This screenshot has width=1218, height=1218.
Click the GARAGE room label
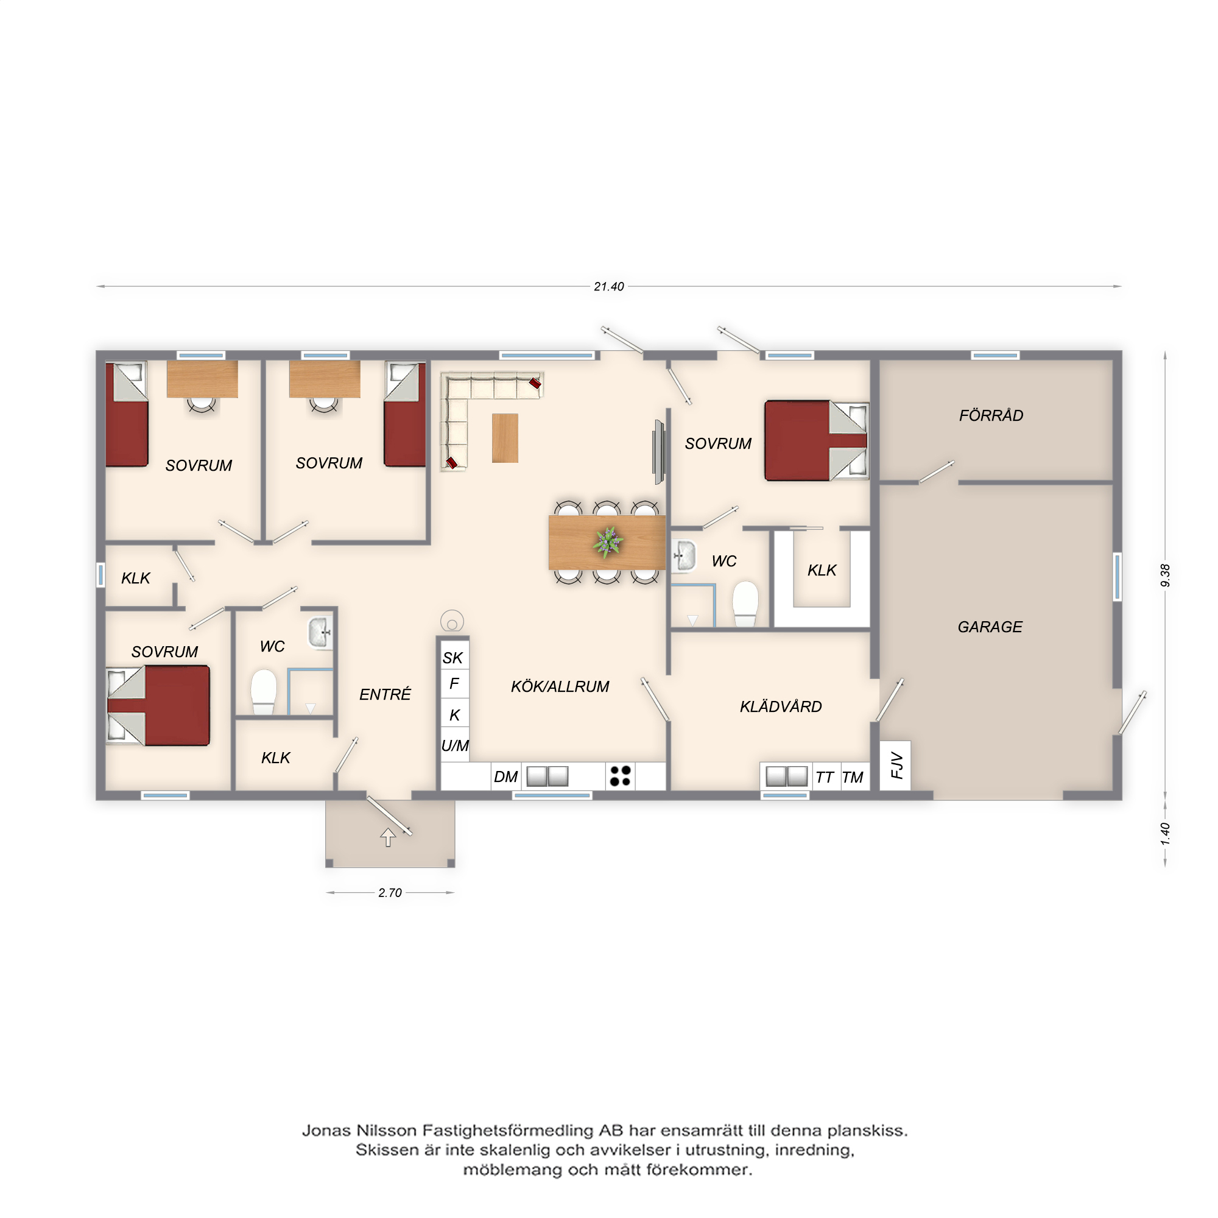(990, 627)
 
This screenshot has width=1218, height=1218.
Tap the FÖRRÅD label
(991, 415)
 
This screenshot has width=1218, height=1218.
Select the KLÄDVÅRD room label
(781, 706)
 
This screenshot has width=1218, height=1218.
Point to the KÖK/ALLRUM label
(560, 686)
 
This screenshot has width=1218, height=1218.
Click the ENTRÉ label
(384, 694)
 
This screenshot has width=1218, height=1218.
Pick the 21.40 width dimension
(608, 286)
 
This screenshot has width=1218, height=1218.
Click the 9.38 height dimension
(1165, 575)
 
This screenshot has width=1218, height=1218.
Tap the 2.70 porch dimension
(390, 893)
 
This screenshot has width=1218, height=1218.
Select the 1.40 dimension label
(1165, 834)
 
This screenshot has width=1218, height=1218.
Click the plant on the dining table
(608, 542)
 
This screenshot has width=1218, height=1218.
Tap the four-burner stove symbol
(621, 776)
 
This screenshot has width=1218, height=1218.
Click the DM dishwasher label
(505, 776)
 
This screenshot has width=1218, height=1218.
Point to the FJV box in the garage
(895, 765)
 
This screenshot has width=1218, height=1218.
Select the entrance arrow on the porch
(388, 837)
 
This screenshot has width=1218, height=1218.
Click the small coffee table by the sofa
(505, 438)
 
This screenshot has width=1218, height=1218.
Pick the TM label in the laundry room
(853, 777)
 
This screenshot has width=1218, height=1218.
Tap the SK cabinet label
(452, 658)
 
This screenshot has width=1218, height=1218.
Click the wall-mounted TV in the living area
(659, 451)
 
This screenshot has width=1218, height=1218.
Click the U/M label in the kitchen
(454, 746)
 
